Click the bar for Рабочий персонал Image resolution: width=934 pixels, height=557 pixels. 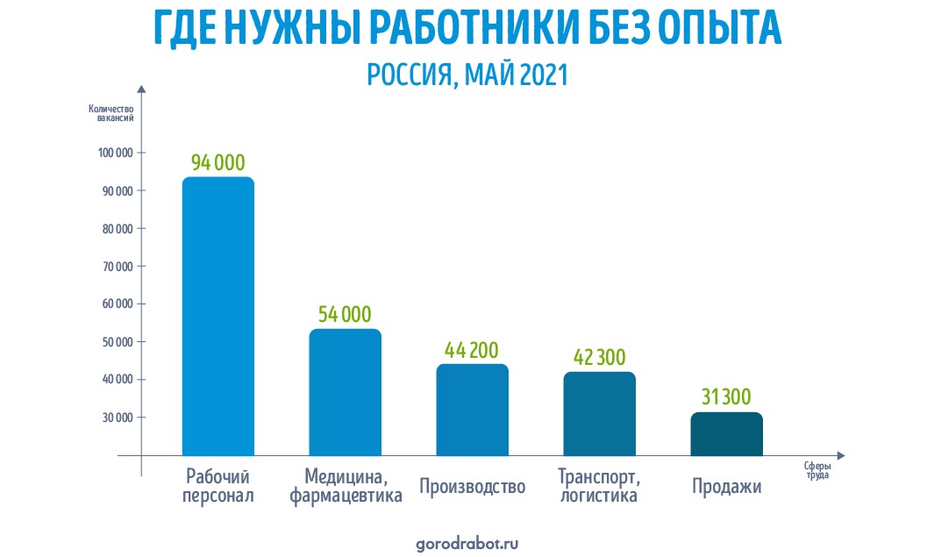pyautogui.click(x=217, y=316)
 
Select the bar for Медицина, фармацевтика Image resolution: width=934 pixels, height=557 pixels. pyautogui.click(x=345, y=392)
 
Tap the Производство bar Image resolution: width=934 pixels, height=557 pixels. pyautogui.click(x=472, y=410)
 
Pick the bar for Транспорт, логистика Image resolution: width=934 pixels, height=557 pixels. pyautogui.click(x=599, y=413)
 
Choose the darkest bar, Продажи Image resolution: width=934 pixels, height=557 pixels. pyautogui.click(x=726, y=433)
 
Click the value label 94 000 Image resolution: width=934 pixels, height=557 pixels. pyautogui.click(x=217, y=162)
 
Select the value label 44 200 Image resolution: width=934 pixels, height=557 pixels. pyautogui.click(x=472, y=350)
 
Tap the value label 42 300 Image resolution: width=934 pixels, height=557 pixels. pyautogui.click(x=599, y=358)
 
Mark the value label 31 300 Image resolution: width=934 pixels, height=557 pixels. pyautogui.click(x=726, y=397)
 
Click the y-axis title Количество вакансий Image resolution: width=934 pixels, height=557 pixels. pyautogui.click(x=111, y=114)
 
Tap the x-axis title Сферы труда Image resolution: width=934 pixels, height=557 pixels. pyautogui.click(x=816, y=471)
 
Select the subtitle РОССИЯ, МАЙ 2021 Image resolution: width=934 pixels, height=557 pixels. pyautogui.click(x=467, y=75)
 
